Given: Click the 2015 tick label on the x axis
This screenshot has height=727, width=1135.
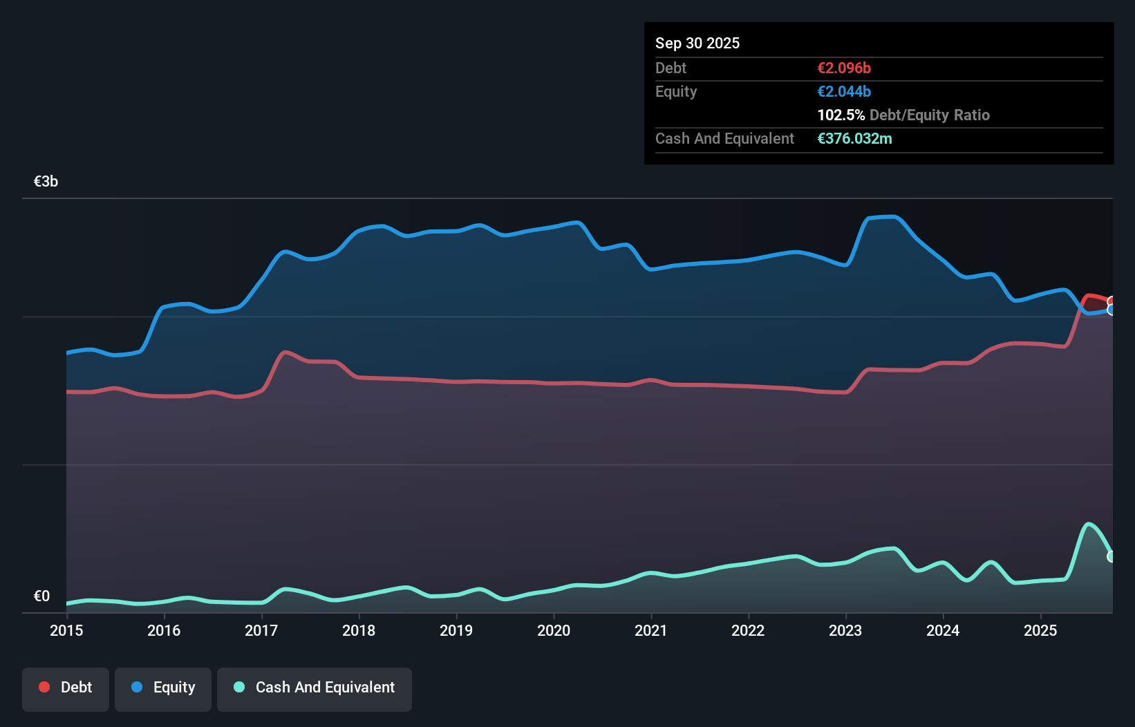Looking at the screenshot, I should [66, 630].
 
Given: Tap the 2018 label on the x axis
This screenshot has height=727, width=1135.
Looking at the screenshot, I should [359, 630].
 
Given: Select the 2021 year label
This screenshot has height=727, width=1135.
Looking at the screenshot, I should [651, 630].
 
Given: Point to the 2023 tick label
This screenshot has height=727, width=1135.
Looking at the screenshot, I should [845, 630].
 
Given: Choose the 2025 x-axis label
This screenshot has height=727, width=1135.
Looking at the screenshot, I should [1040, 630].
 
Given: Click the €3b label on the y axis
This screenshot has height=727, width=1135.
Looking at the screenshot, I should [46, 181].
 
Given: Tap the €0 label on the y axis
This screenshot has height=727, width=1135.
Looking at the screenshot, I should [41, 596].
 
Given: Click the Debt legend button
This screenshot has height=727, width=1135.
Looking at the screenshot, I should [66, 688].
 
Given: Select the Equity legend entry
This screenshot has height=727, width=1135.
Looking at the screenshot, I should [163, 688].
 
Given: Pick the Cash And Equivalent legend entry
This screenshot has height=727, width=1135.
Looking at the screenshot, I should [315, 688].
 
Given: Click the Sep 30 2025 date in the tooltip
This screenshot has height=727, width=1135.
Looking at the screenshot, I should [697, 43].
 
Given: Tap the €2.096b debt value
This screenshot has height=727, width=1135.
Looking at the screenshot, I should [844, 68].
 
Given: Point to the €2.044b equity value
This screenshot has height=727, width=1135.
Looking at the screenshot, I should [844, 91].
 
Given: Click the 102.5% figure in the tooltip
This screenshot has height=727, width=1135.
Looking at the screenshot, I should [841, 115].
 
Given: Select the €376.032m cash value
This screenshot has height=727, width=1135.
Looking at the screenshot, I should [854, 138].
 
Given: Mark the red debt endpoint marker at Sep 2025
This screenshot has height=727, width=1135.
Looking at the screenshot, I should [1111, 301].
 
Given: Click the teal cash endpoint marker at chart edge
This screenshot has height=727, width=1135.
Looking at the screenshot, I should [1111, 556].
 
